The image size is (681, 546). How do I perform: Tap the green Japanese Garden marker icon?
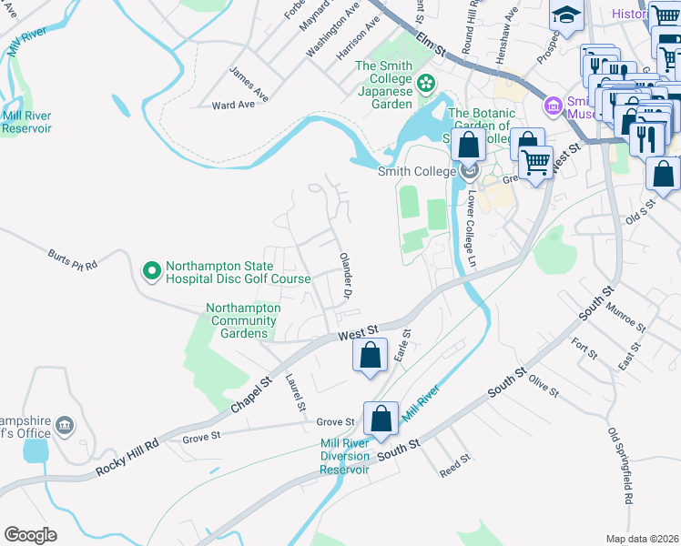[x=426, y=85]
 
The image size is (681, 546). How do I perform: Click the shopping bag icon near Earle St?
[x=369, y=356]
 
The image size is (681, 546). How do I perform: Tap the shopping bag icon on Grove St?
[x=381, y=419]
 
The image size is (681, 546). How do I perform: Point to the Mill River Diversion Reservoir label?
[x=344, y=457]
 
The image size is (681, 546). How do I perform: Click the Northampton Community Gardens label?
[x=243, y=320]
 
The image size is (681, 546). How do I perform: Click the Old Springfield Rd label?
[x=620, y=467]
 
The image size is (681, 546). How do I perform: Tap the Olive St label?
[x=544, y=385]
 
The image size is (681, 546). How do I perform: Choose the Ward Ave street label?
[x=233, y=106]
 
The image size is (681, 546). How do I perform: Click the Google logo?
[x=31, y=534]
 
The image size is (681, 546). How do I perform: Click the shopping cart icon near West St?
[x=535, y=161]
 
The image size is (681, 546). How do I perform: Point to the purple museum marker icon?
[x=552, y=107]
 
